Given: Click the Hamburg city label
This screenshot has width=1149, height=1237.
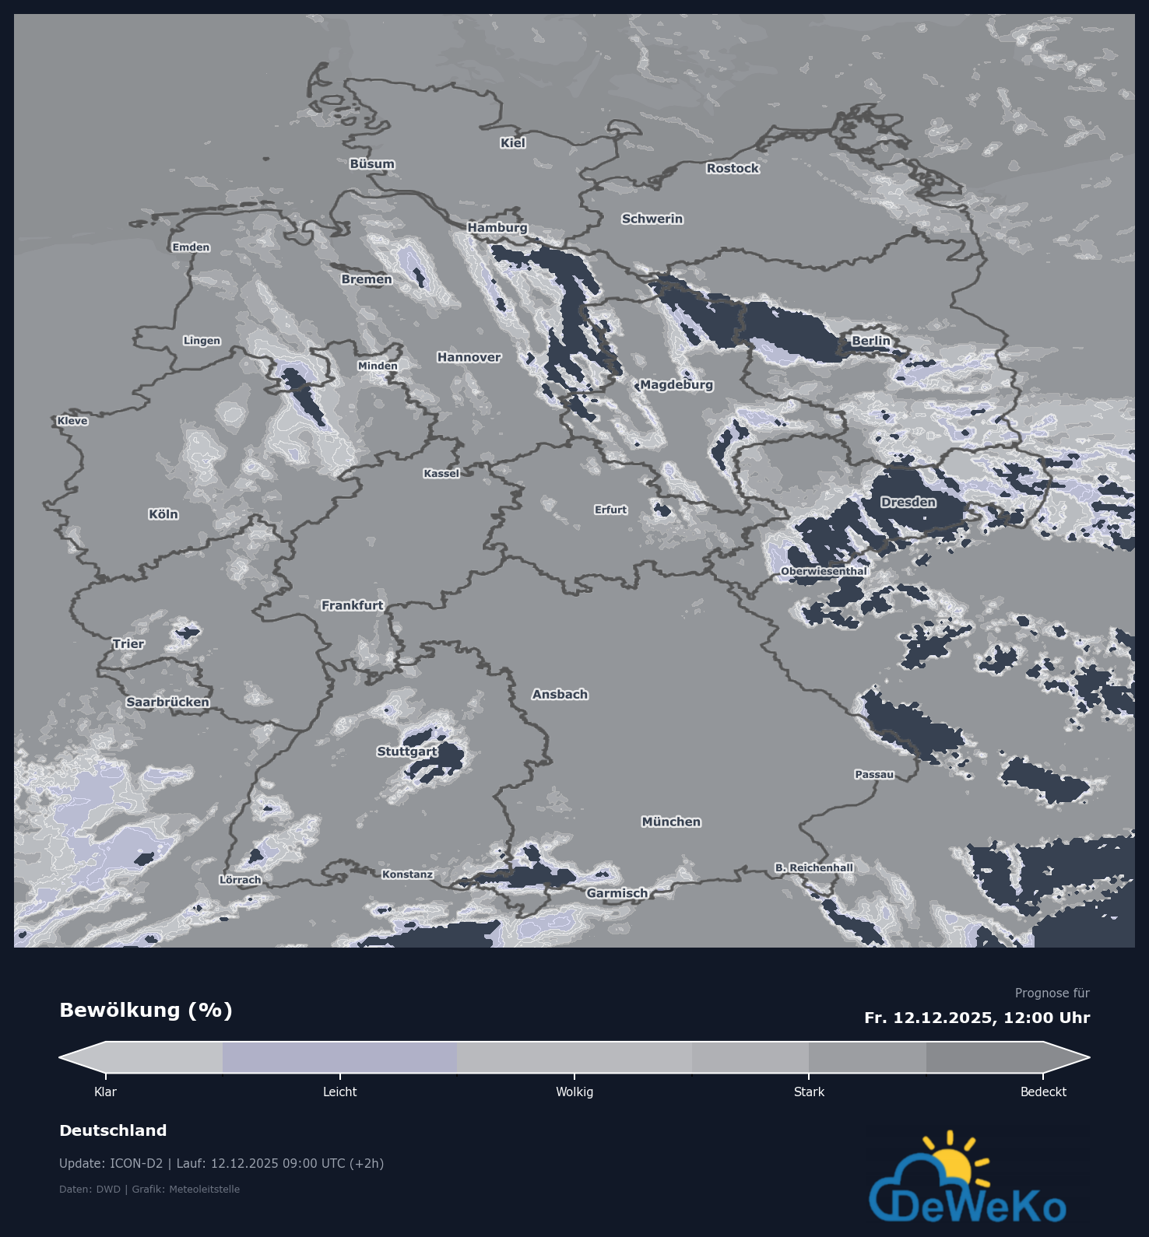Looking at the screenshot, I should point(497,227).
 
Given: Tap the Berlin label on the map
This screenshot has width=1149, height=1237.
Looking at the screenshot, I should point(870,341).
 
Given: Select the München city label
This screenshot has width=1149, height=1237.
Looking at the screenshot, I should point(671,822).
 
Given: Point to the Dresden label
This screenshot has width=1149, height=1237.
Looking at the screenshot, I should point(908,502).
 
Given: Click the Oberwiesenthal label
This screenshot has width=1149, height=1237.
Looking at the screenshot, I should point(824,571).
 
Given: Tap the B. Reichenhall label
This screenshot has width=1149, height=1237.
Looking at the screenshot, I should point(813,867).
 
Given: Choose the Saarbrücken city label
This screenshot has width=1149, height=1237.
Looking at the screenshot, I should point(167,702).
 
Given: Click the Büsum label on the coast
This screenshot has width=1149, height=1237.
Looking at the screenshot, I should point(372,164).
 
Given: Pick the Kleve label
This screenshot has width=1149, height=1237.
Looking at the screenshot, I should point(72,421).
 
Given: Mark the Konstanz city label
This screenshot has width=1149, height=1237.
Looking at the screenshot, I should point(407,874).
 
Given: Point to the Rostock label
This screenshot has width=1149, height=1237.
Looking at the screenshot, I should point(733,168).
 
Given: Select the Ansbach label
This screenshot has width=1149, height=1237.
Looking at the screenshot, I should point(560,694).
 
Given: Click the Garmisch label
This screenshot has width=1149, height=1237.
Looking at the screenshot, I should point(617,893).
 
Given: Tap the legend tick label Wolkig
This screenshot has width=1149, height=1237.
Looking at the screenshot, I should point(574,1092).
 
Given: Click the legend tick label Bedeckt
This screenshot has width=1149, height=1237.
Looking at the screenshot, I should point(1043,1092).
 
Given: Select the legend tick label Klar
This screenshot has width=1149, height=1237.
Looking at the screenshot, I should point(105,1092).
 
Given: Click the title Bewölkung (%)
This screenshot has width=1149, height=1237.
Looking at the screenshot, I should point(146,1010).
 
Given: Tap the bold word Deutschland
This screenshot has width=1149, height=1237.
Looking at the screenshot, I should point(113,1130).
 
